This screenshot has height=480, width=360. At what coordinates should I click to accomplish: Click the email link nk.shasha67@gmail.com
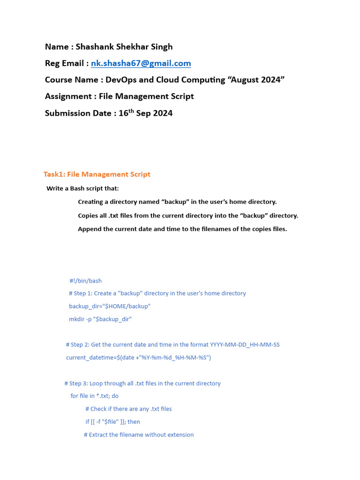point(141,63)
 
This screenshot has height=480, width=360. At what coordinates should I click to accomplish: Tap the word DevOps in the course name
point(121,80)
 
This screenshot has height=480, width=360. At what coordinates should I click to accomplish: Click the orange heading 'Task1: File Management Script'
point(97,174)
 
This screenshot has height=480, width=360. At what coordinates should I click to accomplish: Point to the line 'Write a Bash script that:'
point(82,188)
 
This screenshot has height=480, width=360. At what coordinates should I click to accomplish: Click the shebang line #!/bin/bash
point(85,281)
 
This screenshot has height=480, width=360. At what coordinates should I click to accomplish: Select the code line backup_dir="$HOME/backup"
point(110,306)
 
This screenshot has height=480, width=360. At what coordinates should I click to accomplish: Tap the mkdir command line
point(100,319)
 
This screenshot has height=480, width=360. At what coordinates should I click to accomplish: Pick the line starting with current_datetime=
point(138,358)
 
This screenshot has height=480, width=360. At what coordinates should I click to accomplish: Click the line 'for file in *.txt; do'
point(94,396)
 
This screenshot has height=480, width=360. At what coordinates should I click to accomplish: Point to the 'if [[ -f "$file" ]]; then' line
point(112,422)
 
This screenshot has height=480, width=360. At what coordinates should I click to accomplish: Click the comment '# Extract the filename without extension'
point(139,435)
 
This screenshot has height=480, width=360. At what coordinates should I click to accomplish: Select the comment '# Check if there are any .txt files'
point(128,409)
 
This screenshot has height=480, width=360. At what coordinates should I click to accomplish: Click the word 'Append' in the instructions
point(90,229)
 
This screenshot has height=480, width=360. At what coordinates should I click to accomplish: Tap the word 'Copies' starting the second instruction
point(89,216)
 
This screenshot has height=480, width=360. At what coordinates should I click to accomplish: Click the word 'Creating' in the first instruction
point(91,202)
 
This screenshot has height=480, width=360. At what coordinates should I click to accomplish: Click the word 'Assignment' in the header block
point(68,97)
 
